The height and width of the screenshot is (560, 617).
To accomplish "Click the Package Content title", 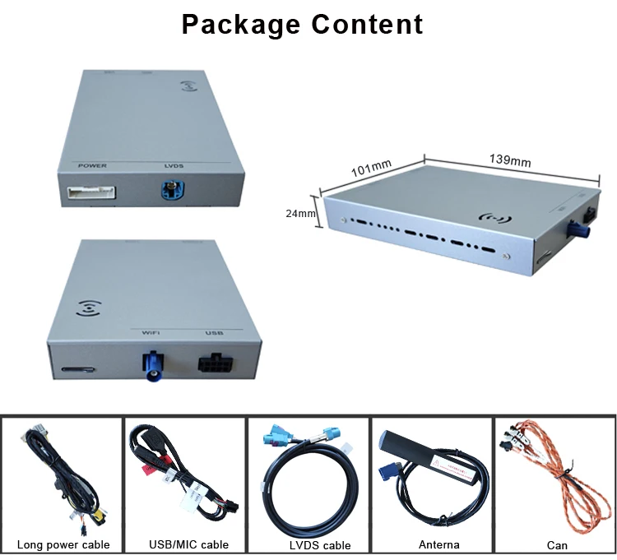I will (x=302, y=24).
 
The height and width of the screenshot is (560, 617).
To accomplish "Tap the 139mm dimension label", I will (x=509, y=161).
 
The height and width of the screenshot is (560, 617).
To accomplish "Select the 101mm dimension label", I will (x=371, y=169).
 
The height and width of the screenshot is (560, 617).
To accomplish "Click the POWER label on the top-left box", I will (x=93, y=167).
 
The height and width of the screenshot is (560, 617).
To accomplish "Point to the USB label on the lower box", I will (x=214, y=334).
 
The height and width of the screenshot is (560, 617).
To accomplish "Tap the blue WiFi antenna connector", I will (x=153, y=367).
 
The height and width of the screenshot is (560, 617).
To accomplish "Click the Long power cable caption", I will (x=63, y=544).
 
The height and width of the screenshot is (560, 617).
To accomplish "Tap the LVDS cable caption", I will (x=308, y=544).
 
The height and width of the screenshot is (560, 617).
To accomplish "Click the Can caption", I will (x=557, y=544).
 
